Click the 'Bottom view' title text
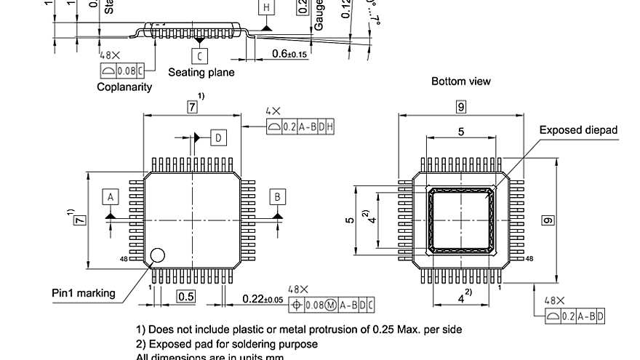(460, 81)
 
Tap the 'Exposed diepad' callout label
(577, 130)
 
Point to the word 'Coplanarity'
(124, 87)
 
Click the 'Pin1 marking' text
(83, 293)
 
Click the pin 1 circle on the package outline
(157, 255)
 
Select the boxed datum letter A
(111, 197)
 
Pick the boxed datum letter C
(199, 55)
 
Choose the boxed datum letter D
(218, 137)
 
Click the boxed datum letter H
(267, 8)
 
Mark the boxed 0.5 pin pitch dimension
(186, 296)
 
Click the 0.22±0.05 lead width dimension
(263, 299)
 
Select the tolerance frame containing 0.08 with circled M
(332, 305)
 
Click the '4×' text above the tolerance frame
(273, 111)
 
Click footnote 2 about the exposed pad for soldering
(227, 344)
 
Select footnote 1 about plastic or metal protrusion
(299, 329)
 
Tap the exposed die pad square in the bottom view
(460, 219)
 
